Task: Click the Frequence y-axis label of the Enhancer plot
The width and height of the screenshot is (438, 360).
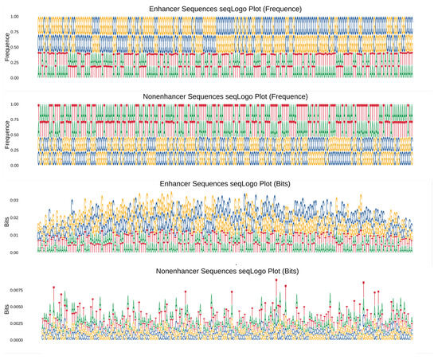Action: click(x=7, y=48)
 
